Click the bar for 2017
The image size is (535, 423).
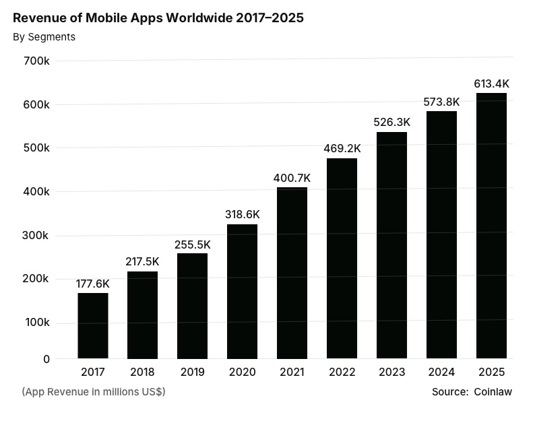click(x=93, y=325)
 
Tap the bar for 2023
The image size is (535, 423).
click(x=391, y=245)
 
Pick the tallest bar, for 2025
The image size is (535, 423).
click(x=491, y=226)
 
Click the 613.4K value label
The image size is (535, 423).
click(x=491, y=84)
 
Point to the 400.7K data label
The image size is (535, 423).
click(x=292, y=178)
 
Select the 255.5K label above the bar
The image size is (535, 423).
click(x=192, y=245)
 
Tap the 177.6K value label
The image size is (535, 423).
click(x=92, y=284)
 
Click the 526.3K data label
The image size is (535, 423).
click(x=391, y=123)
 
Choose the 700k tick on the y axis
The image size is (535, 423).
click(x=36, y=61)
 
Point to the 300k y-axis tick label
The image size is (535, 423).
click(x=36, y=236)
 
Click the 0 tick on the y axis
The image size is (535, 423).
click(x=46, y=359)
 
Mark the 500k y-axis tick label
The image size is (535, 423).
click(x=36, y=148)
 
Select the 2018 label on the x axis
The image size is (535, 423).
click(x=142, y=372)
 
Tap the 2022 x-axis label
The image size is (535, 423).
click(x=342, y=372)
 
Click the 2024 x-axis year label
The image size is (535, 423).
click(x=441, y=372)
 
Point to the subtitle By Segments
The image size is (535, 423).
click(x=44, y=37)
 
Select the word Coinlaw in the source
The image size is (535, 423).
click(x=493, y=392)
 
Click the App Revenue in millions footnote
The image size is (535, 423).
click(x=94, y=392)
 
